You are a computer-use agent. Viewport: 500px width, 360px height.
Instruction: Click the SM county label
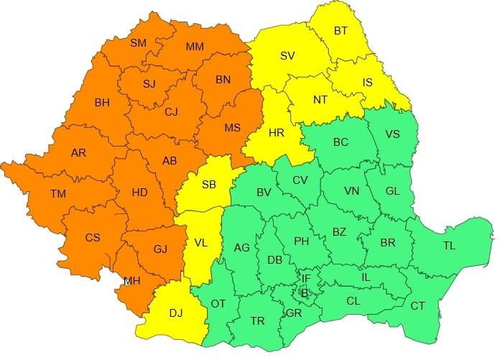[x=138, y=43]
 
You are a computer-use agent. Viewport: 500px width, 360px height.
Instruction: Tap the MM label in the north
[x=195, y=47]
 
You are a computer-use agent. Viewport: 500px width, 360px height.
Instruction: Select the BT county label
[x=340, y=31]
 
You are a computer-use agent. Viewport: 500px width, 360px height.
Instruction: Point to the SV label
[x=287, y=55]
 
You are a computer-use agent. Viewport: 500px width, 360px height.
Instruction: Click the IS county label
[x=367, y=83]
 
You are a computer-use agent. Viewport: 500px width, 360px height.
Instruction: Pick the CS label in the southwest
[x=93, y=238]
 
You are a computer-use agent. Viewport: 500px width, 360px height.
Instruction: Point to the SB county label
[x=208, y=185]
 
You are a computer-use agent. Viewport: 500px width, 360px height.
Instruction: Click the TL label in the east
[x=449, y=246]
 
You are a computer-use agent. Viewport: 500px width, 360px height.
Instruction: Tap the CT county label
[x=417, y=306]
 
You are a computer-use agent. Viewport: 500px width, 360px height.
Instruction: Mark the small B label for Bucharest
[x=304, y=292]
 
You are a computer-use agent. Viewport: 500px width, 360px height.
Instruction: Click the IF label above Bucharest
[x=306, y=278]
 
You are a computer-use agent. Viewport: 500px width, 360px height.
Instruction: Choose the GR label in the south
[x=293, y=314]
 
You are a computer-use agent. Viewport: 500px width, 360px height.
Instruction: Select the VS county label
[x=392, y=134]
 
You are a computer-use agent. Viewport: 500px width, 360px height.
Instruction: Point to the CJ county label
[x=171, y=112]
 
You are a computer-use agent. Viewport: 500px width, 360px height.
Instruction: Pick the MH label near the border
[x=131, y=281]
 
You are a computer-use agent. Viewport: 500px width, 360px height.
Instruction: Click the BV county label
[x=264, y=192]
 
